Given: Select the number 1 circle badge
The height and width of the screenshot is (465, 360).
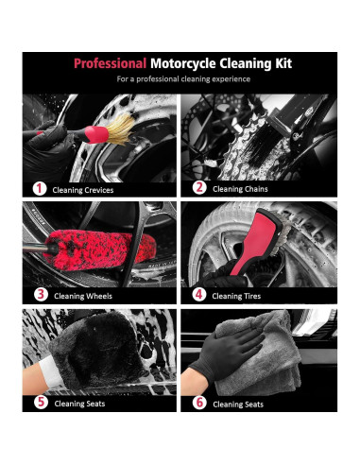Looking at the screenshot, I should (40, 188).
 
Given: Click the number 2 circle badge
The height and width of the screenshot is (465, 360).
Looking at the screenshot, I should (199, 188).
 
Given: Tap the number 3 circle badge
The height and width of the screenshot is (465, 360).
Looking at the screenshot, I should (40, 294).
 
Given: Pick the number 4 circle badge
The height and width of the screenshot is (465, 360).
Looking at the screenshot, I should (199, 294).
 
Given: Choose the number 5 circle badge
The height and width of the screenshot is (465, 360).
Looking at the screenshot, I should (40, 402).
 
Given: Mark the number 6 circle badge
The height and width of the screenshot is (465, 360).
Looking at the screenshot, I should (199, 402).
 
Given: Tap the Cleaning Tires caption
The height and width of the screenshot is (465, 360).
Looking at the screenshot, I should (240, 295).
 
